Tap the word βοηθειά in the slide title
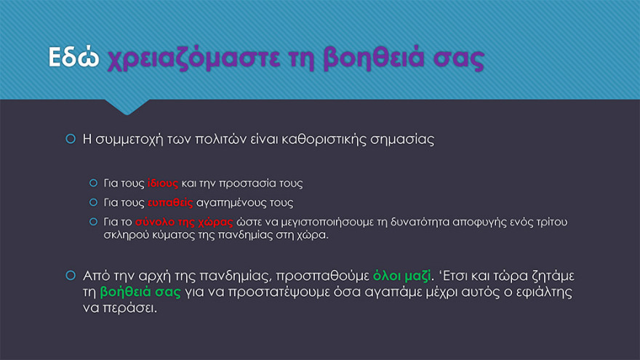click(359, 58)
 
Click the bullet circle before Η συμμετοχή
click(71, 139)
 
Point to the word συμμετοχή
click(139, 139)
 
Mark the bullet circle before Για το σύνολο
click(93, 222)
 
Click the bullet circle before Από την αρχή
click(71, 276)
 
